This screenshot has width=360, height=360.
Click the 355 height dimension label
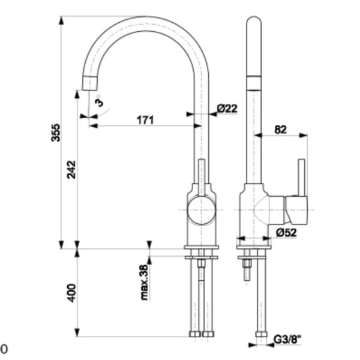point(56,133)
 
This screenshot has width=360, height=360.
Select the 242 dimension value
point(71,170)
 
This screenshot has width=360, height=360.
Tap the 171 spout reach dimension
point(145,120)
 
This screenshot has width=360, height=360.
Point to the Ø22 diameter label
point(227,109)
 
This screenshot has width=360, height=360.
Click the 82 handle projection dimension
point(281,130)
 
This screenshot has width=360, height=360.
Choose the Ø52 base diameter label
point(287,233)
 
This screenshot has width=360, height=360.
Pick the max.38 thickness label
point(145,282)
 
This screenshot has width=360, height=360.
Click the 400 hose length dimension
point(72,293)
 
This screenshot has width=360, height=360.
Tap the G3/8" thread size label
point(287,340)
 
